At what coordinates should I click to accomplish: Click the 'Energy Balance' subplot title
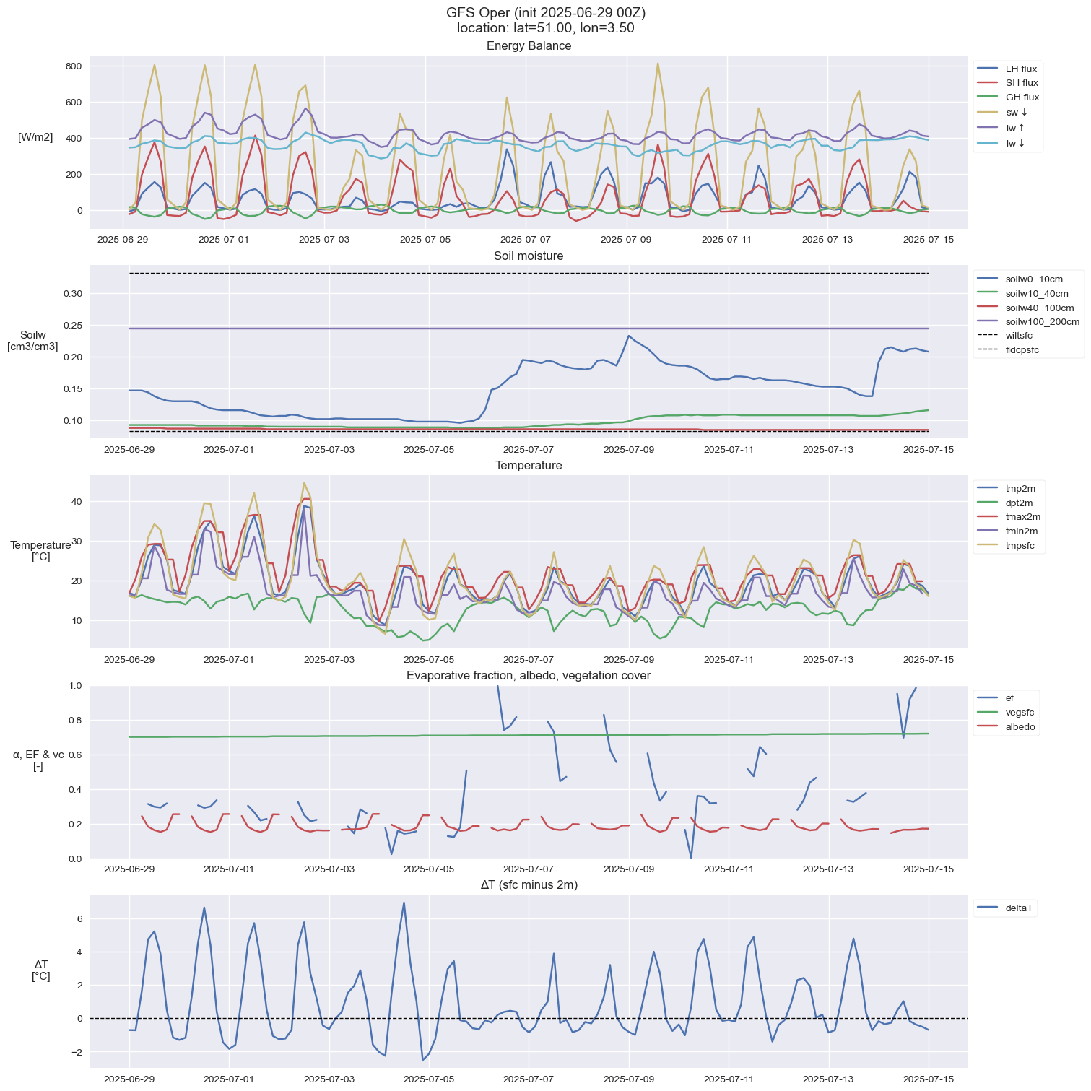pyautogui.click(x=529, y=46)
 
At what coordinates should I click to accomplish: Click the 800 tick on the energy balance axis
pyautogui.click(x=74, y=66)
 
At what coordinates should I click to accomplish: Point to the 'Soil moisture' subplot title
pyautogui.click(x=529, y=256)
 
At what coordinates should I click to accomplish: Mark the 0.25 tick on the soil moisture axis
pyautogui.click(x=72, y=326)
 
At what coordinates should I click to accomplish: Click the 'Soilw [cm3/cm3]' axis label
pyautogui.click(x=32, y=341)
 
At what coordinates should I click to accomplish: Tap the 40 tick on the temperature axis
pyautogui.click(x=77, y=502)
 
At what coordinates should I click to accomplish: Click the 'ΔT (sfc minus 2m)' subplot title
pyautogui.click(x=529, y=885)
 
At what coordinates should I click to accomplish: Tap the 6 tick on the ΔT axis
pyautogui.click(x=79, y=919)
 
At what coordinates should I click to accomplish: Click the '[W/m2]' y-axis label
pyautogui.click(x=35, y=138)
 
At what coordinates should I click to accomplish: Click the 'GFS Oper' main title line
pyautogui.click(x=545, y=13)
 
